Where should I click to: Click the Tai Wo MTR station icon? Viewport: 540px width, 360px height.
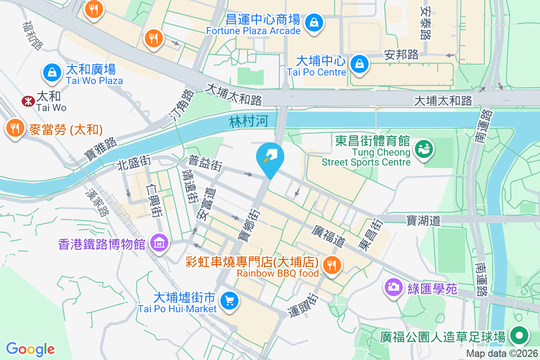28,101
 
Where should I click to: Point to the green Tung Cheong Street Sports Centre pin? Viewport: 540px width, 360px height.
423,148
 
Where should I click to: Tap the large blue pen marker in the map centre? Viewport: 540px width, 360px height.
270,157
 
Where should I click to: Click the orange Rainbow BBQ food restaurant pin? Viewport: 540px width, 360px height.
332,265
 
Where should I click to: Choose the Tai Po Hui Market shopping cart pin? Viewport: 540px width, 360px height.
229,300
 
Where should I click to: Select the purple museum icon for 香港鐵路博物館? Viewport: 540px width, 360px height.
159,243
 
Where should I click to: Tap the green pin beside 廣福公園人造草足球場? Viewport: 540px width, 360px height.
519,336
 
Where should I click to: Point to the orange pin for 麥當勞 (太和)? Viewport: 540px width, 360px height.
15,129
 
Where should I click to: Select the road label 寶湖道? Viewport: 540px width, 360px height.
423,220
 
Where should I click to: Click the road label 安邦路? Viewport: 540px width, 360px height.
401,54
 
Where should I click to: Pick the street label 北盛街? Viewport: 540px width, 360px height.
133,163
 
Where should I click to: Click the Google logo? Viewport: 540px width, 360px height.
30,349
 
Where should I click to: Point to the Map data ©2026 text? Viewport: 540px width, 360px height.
502,353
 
